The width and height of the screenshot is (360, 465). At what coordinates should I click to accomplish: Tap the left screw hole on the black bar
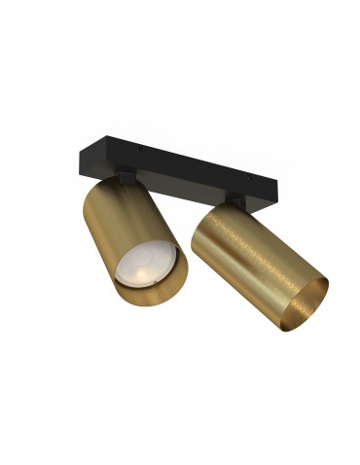pos(139,150)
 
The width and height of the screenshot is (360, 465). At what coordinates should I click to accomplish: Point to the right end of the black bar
pos(278,202)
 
